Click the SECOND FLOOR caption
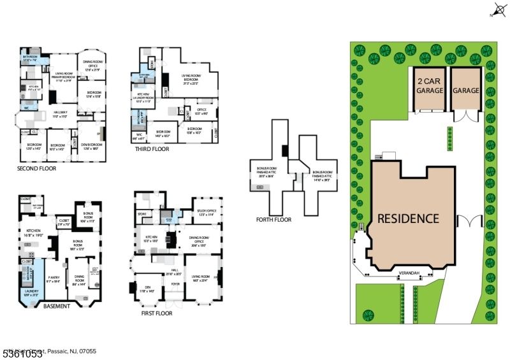point(37,169)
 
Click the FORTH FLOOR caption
point(273,220)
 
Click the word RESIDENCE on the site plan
point(408,219)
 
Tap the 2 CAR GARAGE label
point(430,86)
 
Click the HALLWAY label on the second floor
point(60,115)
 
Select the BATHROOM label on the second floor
point(29,57)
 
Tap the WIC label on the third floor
point(139,134)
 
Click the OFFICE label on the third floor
point(201,110)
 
